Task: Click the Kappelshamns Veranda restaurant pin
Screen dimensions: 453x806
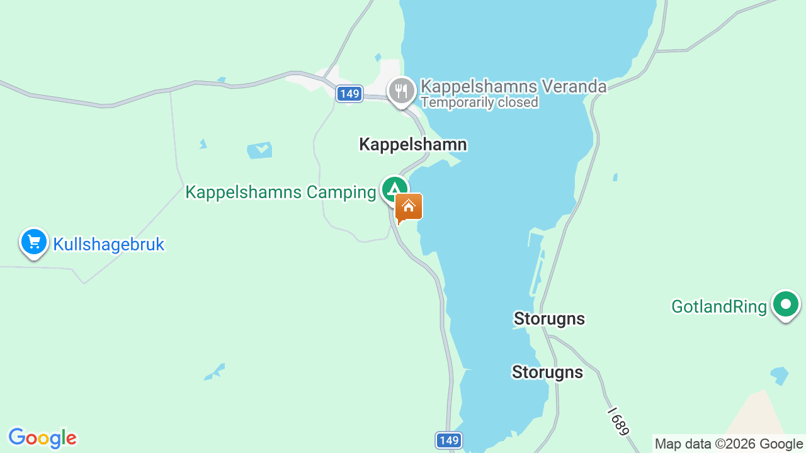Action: pyautogui.click(x=401, y=91)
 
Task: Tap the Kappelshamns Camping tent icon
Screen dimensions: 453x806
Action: pyautogui.click(x=395, y=189)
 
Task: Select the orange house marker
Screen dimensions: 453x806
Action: pyautogui.click(x=409, y=207)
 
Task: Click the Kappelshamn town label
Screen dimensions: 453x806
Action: pyautogui.click(x=413, y=145)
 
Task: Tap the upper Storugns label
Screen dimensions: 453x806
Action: pyautogui.click(x=549, y=319)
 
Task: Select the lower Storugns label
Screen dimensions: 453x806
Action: pyautogui.click(x=547, y=372)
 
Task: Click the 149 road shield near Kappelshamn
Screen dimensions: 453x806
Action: pyautogui.click(x=348, y=94)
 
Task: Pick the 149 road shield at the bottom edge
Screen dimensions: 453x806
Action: pyautogui.click(x=448, y=440)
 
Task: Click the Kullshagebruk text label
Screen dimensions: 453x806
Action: pyautogui.click(x=108, y=244)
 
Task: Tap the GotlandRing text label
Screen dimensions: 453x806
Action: pyautogui.click(x=719, y=307)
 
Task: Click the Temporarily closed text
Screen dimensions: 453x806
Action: pyautogui.click(x=479, y=103)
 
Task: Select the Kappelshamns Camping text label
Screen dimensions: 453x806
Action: pyautogui.click(x=280, y=193)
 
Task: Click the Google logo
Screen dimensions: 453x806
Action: pyautogui.click(x=42, y=438)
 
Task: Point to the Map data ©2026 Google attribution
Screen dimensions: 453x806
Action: pyautogui.click(x=729, y=444)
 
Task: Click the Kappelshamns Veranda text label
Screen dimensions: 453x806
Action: pyautogui.click(x=513, y=86)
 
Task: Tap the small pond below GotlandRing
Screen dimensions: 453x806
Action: pyautogui.click(x=780, y=374)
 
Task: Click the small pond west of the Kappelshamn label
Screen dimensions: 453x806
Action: pyautogui.click(x=259, y=150)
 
